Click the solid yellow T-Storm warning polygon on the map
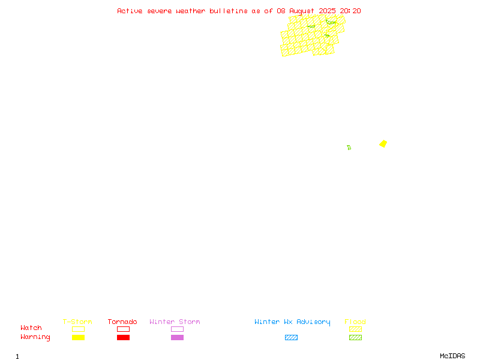(x=383, y=143)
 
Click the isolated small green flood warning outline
(x=349, y=148)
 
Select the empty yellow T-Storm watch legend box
(x=79, y=329)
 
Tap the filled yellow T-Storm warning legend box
(x=79, y=337)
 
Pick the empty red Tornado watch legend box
(x=124, y=329)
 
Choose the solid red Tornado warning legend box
(x=124, y=337)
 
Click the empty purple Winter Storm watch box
(x=177, y=329)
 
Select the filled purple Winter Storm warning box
(x=177, y=337)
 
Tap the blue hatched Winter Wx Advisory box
(x=291, y=337)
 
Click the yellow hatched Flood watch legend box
(x=355, y=329)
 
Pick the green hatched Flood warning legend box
(x=355, y=337)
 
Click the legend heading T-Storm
(x=77, y=322)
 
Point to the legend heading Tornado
(x=122, y=322)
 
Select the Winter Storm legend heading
(x=175, y=322)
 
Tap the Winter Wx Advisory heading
(x=292, y=322)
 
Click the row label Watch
(x=31, y=328)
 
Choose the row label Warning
(x=35, y=337)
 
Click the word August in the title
(x=302, y=11)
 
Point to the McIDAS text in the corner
(x=452, y=356)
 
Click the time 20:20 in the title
(x=350, y=11)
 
